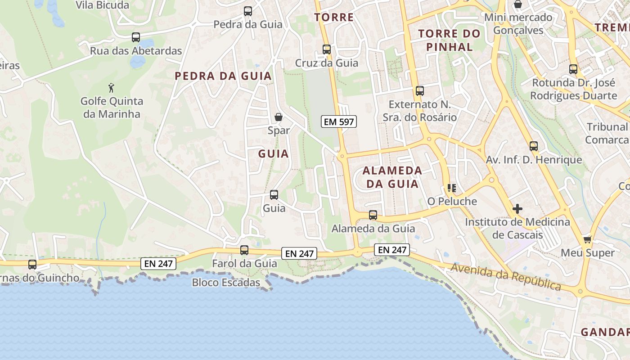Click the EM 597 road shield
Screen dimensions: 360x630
338,121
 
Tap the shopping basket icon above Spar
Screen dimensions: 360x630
279,117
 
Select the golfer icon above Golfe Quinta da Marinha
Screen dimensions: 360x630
112,87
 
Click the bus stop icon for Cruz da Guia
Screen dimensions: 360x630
327,49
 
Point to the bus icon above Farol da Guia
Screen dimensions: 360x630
244,250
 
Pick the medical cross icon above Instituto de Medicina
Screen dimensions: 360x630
517,209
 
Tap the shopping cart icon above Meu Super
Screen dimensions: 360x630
587,239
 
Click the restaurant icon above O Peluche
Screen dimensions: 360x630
451,188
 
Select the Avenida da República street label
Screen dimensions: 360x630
506,277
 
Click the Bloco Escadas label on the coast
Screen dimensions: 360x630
226,283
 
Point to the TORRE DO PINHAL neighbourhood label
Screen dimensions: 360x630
450,40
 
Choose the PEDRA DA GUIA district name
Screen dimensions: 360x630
223,76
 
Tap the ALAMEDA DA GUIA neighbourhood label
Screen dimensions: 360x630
392,177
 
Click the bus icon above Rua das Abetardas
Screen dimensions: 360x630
136,37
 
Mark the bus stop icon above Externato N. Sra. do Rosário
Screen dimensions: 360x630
420,91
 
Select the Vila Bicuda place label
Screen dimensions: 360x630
102,5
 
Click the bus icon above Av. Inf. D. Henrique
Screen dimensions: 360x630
534,146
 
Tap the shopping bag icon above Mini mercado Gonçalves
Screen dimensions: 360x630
518,4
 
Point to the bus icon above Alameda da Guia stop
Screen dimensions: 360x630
373,215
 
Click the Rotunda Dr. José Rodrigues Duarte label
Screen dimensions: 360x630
573,89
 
